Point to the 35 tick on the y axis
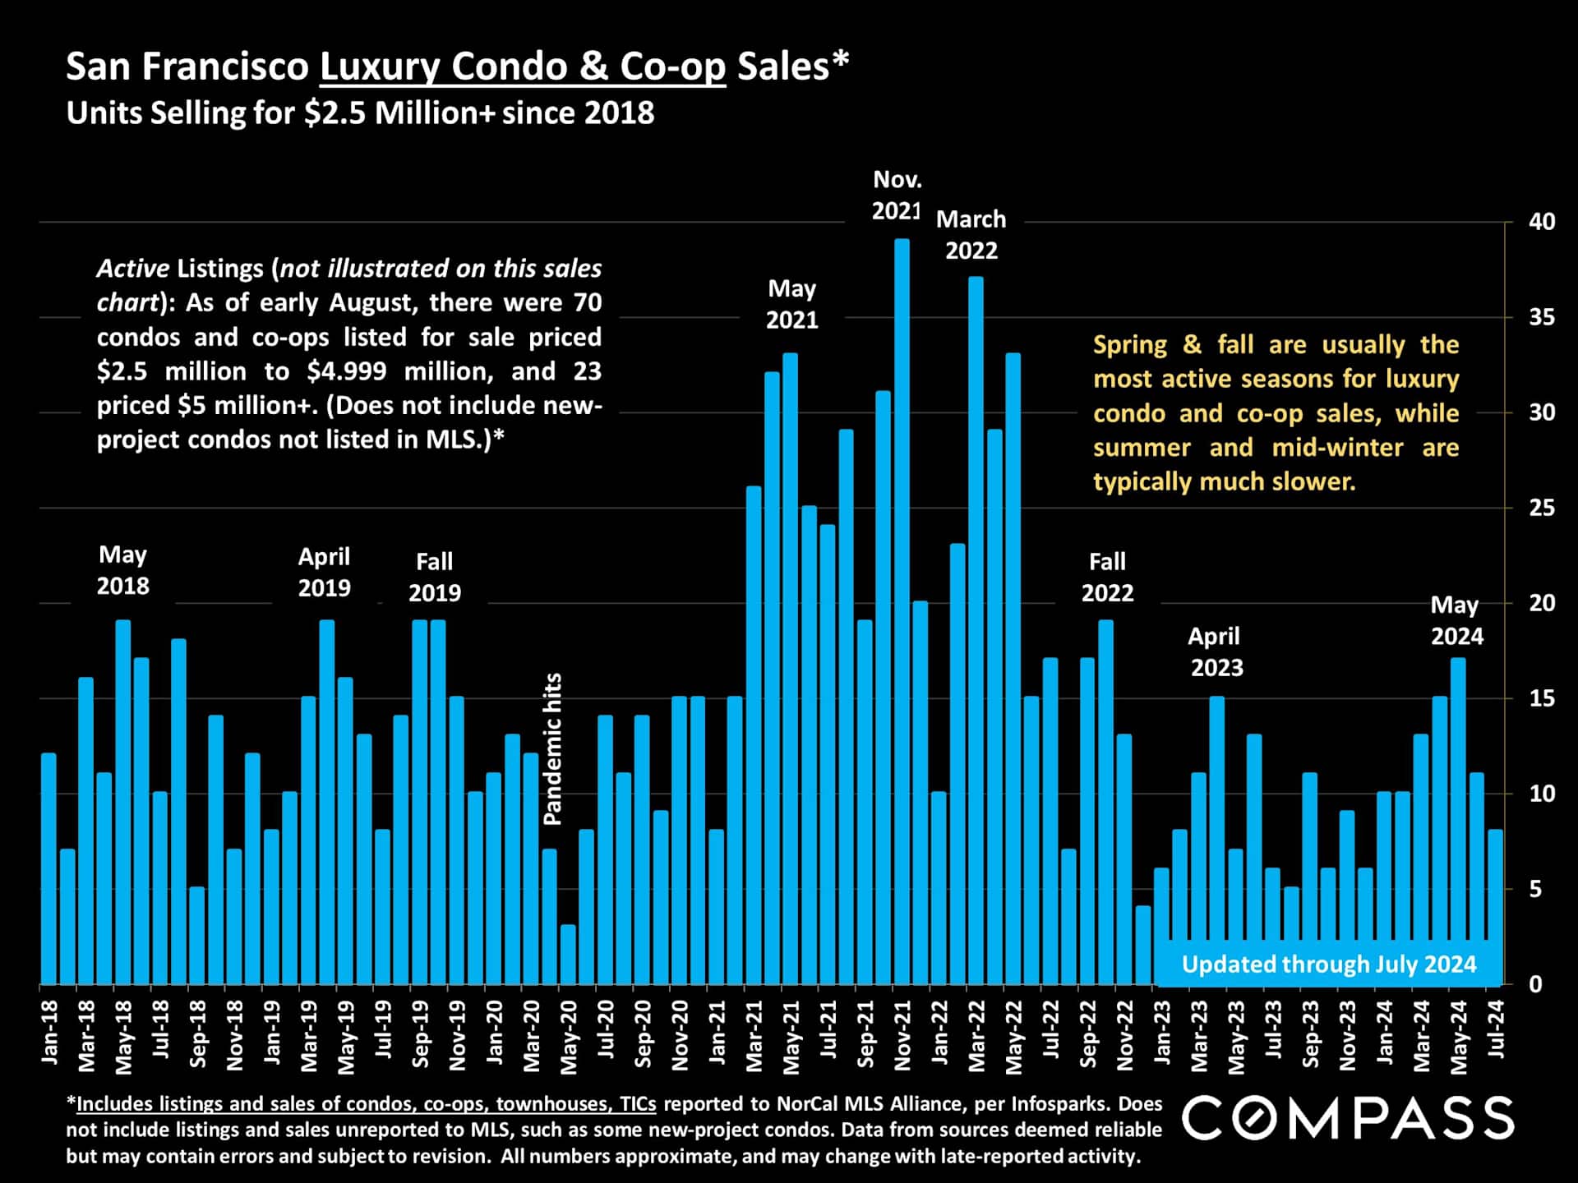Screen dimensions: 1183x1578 click(x=1541, y=317)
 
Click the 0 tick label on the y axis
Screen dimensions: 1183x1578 click(x=1534, y=984)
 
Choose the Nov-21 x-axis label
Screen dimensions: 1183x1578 click(x=902, y=1035)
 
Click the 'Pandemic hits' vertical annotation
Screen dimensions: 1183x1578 click(x=553, y=748)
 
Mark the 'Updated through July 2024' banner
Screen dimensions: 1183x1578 click(x=1328, y=964)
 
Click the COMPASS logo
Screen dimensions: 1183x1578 click(x=1348, y=1118)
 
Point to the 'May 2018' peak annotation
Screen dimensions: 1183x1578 click(x=122, y=570)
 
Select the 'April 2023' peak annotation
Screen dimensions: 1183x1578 click(x=1216, y=651)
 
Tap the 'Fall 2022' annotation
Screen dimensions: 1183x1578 click(x=1107, y=577)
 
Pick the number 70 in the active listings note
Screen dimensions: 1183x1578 click(x=588, y=302)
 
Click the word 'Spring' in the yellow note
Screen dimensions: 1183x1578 click(x=1130, y=345)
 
